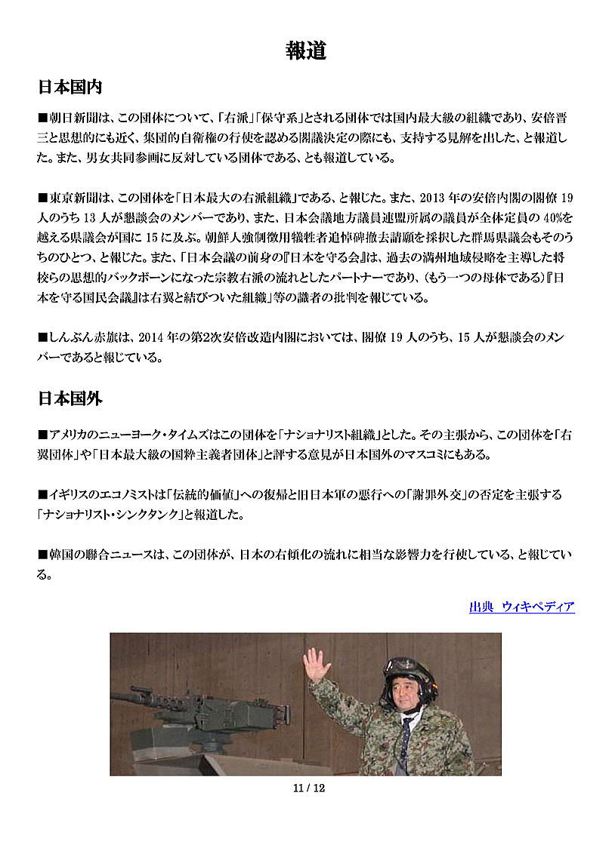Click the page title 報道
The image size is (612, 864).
point(306,51)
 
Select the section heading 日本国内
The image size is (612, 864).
point(70,87)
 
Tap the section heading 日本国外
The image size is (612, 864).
point(70,398)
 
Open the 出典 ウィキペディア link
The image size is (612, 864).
point(521,607)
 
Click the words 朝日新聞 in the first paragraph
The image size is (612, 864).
point(73,118)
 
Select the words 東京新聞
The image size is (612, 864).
point(73,198)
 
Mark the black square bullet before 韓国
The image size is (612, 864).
point(43,555)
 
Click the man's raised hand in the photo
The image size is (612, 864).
point(316,665)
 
